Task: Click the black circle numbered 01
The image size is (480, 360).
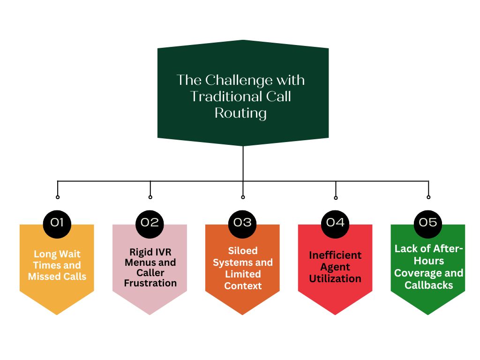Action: point(57,222)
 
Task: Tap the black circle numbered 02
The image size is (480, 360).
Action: point(150,222)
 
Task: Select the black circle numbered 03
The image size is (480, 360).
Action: point(243,222)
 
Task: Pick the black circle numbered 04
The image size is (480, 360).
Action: point(336,222)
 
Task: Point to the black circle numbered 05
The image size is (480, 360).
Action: point(428,222)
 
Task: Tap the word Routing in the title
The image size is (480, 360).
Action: point(240,113)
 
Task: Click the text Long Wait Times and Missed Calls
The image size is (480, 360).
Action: point(57,265)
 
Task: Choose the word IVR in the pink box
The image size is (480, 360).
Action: point(162,252)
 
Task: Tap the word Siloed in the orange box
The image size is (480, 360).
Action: point(243,251)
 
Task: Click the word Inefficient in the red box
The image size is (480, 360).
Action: point(335,255)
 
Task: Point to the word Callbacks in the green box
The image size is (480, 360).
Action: point(428,285)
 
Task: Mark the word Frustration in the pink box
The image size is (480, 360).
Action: point(150,283)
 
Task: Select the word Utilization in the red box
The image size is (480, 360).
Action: point(335,278)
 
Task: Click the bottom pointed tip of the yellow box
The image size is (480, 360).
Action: point(57,314)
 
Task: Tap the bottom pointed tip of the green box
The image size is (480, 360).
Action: point(428,314)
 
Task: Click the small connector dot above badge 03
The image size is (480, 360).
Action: point(243,197)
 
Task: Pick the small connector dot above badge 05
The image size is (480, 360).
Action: point(428,197)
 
